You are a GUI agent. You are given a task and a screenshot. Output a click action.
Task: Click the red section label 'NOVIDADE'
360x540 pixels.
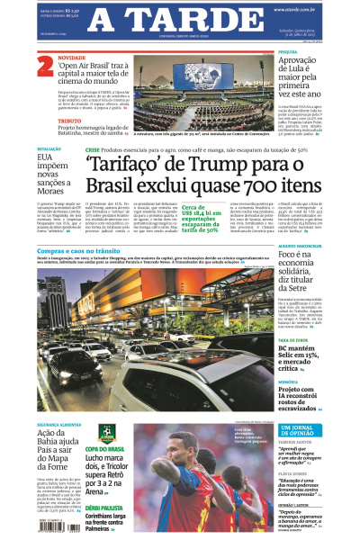[x=70, y=57]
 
